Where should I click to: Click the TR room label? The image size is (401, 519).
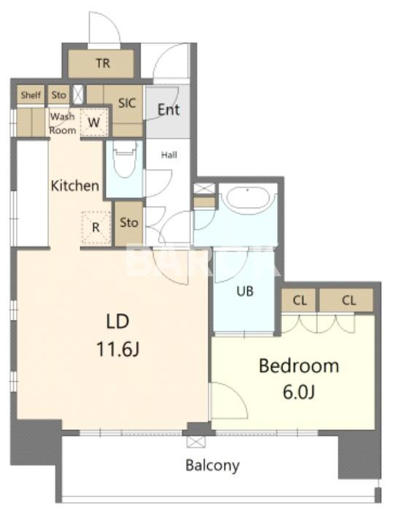tap(103, 63)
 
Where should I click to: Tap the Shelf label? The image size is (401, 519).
tap(31, 95)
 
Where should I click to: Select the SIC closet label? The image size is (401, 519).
tap(127, 104)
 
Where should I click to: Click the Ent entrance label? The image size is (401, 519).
tap(168, 109)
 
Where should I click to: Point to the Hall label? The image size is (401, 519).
tap(169, 155)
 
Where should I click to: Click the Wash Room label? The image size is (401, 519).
tap(63, 123)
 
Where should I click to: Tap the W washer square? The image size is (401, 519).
tap(94, 122)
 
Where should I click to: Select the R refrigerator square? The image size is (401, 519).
tap(96, 227)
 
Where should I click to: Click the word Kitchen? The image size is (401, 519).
tap(75, 186)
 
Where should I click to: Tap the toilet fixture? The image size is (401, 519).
tap(125, 160)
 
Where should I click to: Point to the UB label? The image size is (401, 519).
tap(245, 291)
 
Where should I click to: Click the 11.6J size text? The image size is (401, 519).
tap(117, 349)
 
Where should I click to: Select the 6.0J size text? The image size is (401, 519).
tap(299, 392)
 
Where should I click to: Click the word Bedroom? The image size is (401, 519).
tap(299, 366)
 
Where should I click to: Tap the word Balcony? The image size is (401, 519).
tap(213, 465)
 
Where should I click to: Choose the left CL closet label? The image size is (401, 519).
tap(300, 300)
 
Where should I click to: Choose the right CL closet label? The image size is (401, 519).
tap(349, 300)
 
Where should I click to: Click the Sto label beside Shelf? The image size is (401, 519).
tap(58, 95)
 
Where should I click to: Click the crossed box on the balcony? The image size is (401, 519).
tap(196, 442)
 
